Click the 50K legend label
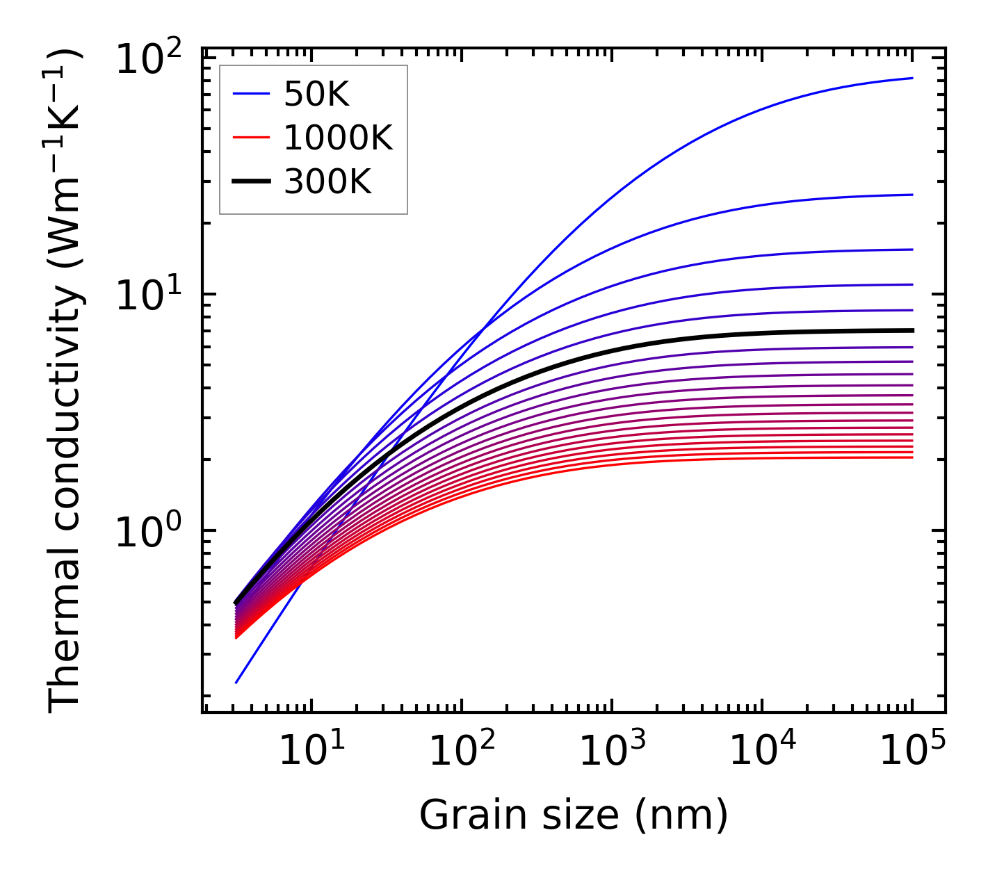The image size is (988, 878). [316, 95]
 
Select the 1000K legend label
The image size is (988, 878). [338, 138]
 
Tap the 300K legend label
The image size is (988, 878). [327, 182]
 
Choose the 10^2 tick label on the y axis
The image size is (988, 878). [148, 60]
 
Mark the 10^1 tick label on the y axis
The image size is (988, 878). [148, 295]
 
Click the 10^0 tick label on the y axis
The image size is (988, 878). [148, 532]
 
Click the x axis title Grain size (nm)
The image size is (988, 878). [574, 815]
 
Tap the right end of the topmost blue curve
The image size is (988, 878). [912, 78]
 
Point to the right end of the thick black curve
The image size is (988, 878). [912, 330]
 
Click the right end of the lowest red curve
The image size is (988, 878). [912, 457]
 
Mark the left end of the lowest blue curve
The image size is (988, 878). [236, 683]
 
